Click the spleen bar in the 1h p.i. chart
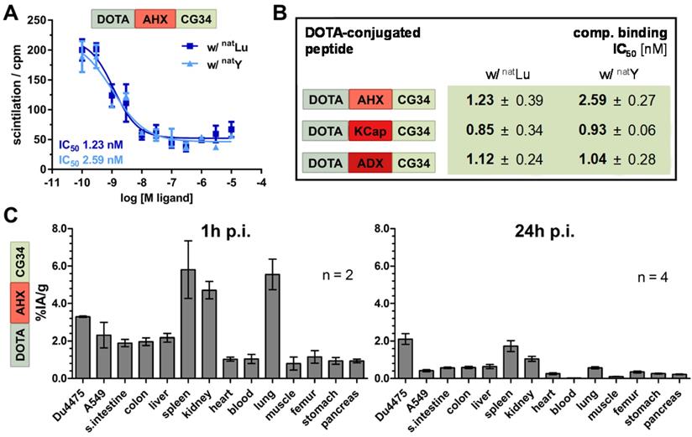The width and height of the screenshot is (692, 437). pos(188,324)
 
